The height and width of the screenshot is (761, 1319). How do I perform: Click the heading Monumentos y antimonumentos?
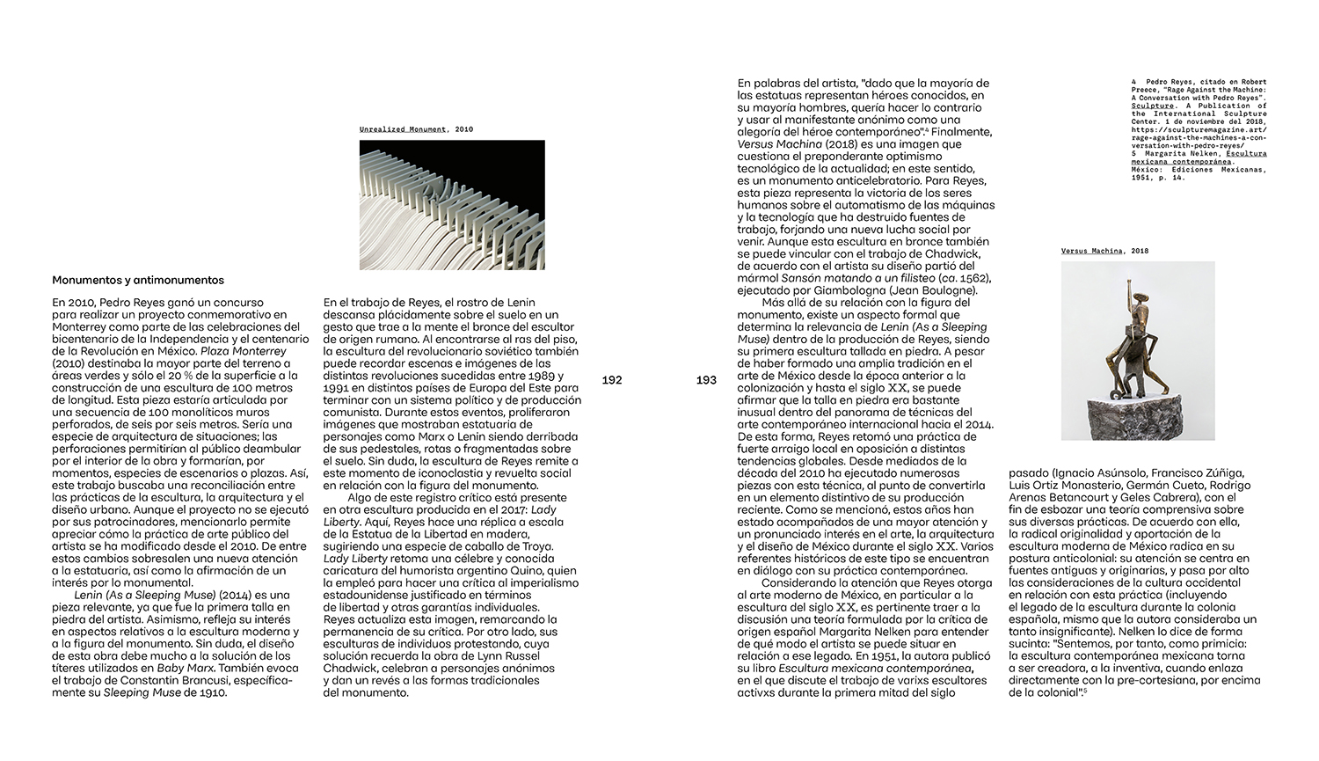point(138,281)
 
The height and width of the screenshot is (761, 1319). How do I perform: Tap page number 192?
point(612,380)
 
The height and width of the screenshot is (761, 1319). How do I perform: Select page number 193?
point(706,380)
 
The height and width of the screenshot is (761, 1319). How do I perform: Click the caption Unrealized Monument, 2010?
point(416,129)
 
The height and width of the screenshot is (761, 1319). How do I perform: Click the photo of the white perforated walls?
point(452,204)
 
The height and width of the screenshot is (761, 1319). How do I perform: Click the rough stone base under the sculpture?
point(1138,415)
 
